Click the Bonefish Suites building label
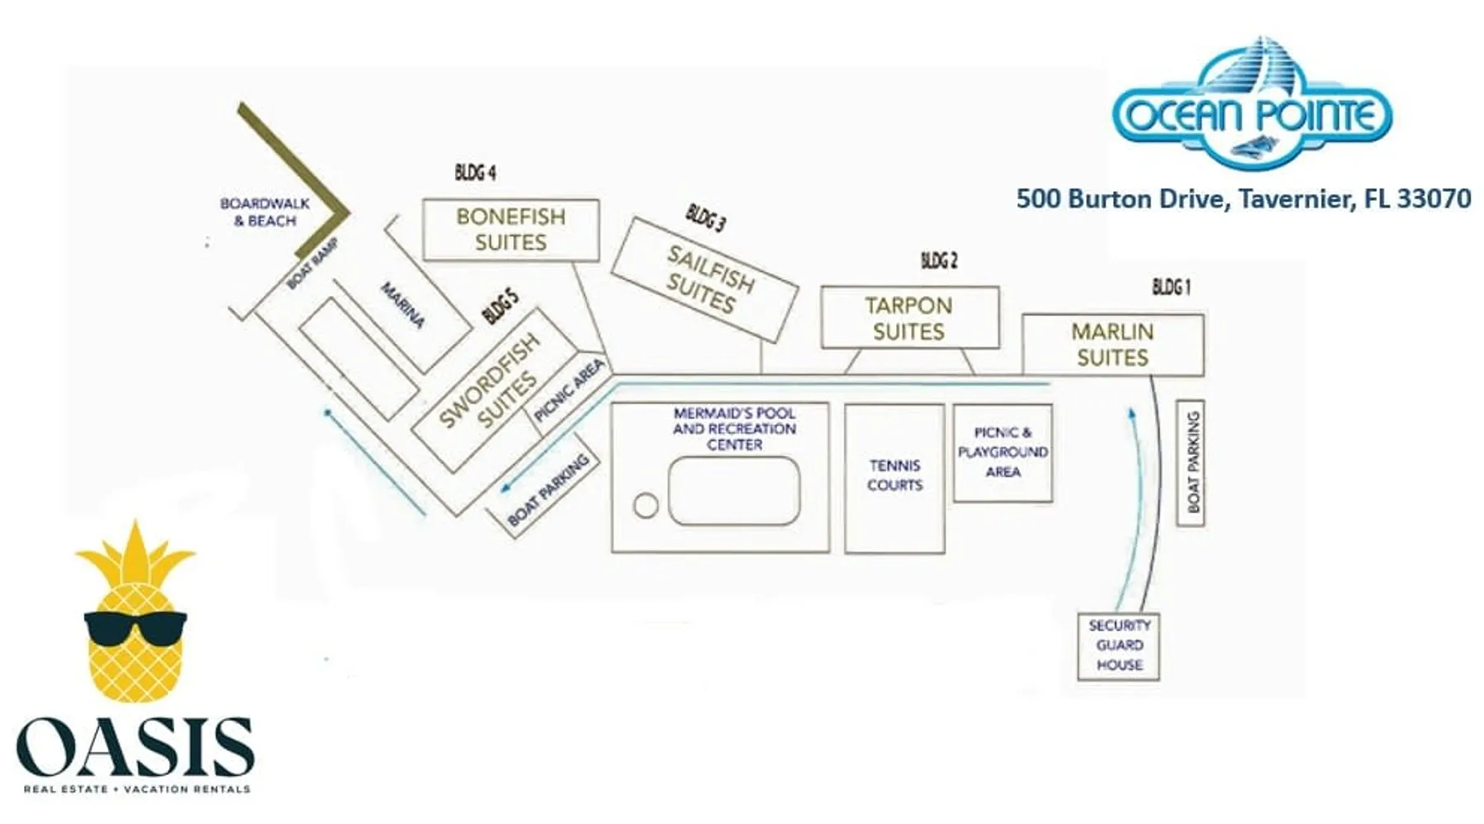[x=510, y=230]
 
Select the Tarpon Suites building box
[x=909, y=318]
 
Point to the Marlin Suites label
[x=1112, y=344]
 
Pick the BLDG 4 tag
[x=475, y=173]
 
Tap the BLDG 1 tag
[x=1172, y=287]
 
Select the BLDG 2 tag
[x=939, y=261]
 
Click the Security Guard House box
[x=1119, y=646]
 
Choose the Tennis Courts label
[x=895, y=475]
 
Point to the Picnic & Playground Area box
[x=1003, y=452]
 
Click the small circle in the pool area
[x=646, y=506]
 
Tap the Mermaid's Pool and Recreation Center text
[x=734, y=428]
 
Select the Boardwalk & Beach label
[x=265, y=212]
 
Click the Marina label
[x=402, y=306]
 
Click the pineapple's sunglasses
[x=135, y=630]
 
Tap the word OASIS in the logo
[x=135, y=747]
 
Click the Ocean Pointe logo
[x=1252, y=107]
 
